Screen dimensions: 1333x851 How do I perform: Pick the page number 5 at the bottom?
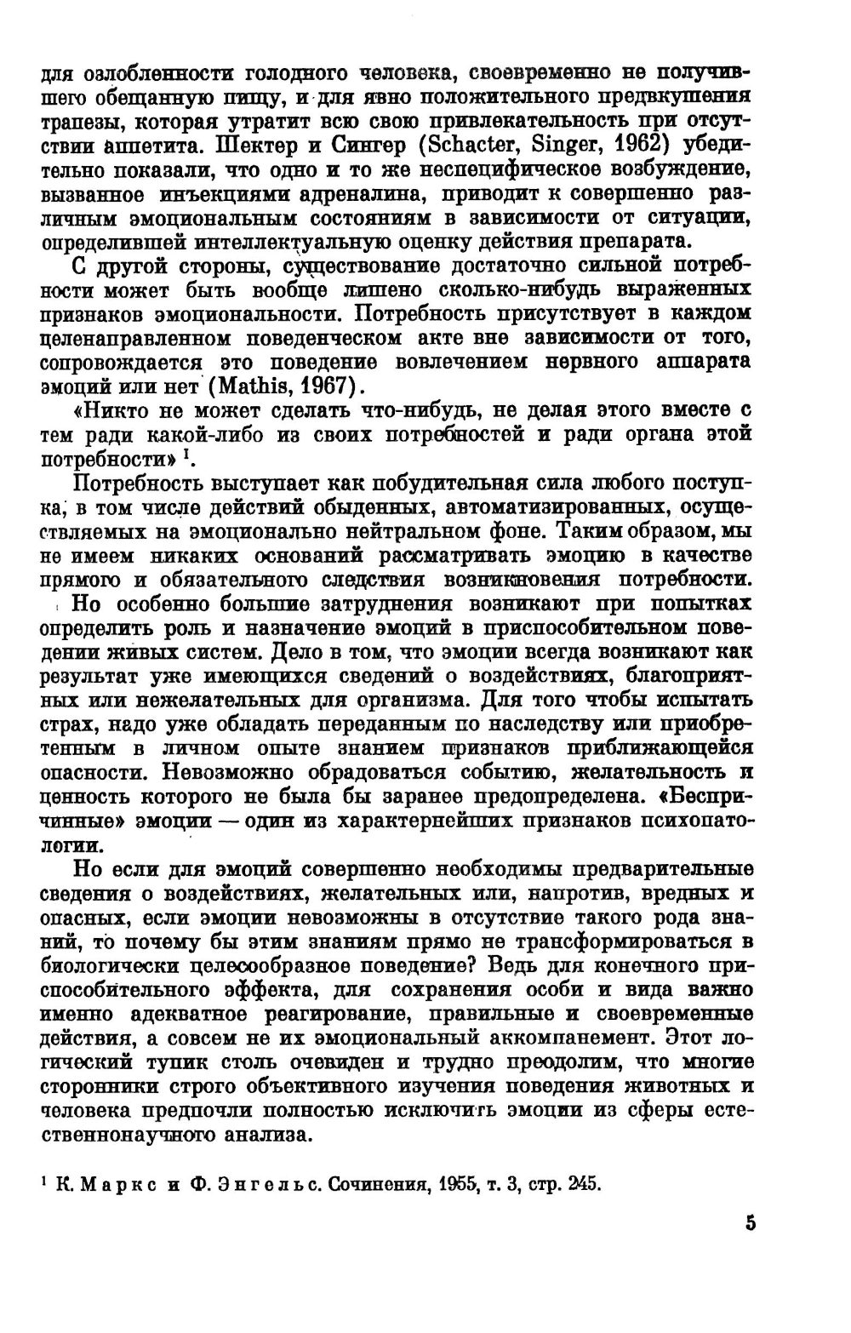750,1224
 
